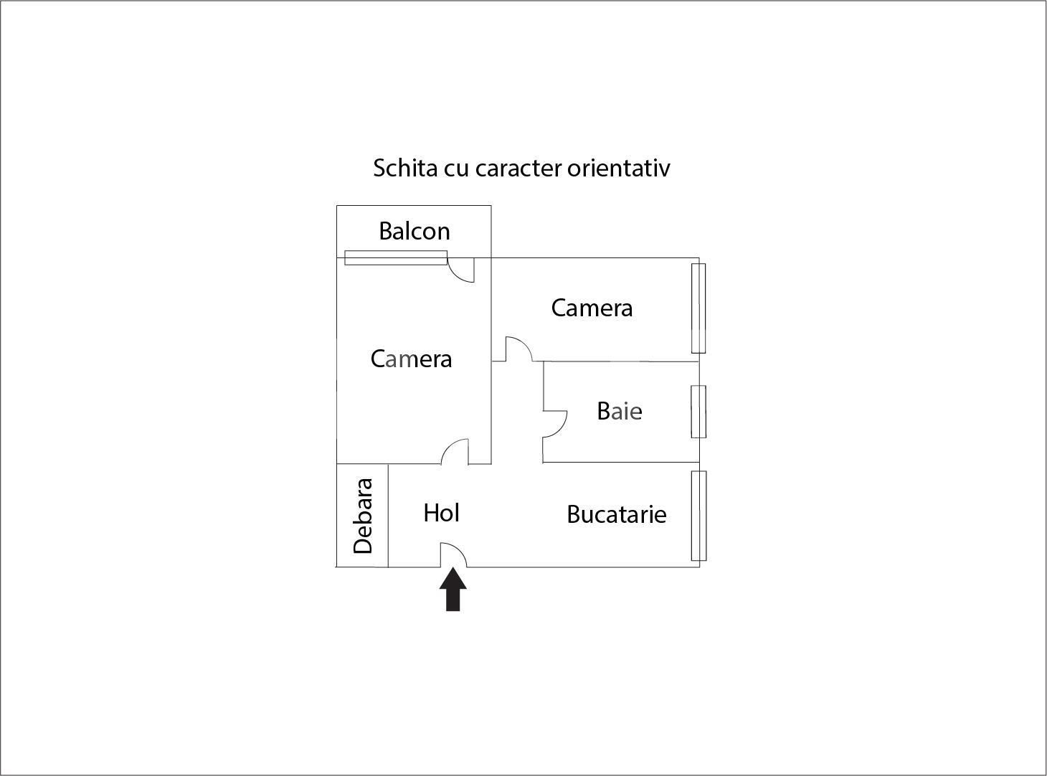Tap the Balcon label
pyautogui.click(x=414, y=231)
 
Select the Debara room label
pyautogui.click(x=363, y=516)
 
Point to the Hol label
pyautogui.click(x=441, y=513)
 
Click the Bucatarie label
pyautogui.click(x=617, y=514)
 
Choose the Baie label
pyautogui.click(x=620, y=411)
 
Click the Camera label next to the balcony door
pyautogui.click(x=411, y=359)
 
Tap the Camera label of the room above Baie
pyautogui.click(x=592, y=308)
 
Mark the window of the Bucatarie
pyautogui.click(x=698, y=516)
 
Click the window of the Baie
pyautogui.click(x=698, y=412)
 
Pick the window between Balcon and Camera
pyautogui.click(x=396, y=258)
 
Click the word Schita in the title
pyautogui.click(x=405, y=168)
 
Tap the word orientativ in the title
pyautogui.click(x=618, y=168)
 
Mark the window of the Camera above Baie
pyautogui.click(x=698, y=308)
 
